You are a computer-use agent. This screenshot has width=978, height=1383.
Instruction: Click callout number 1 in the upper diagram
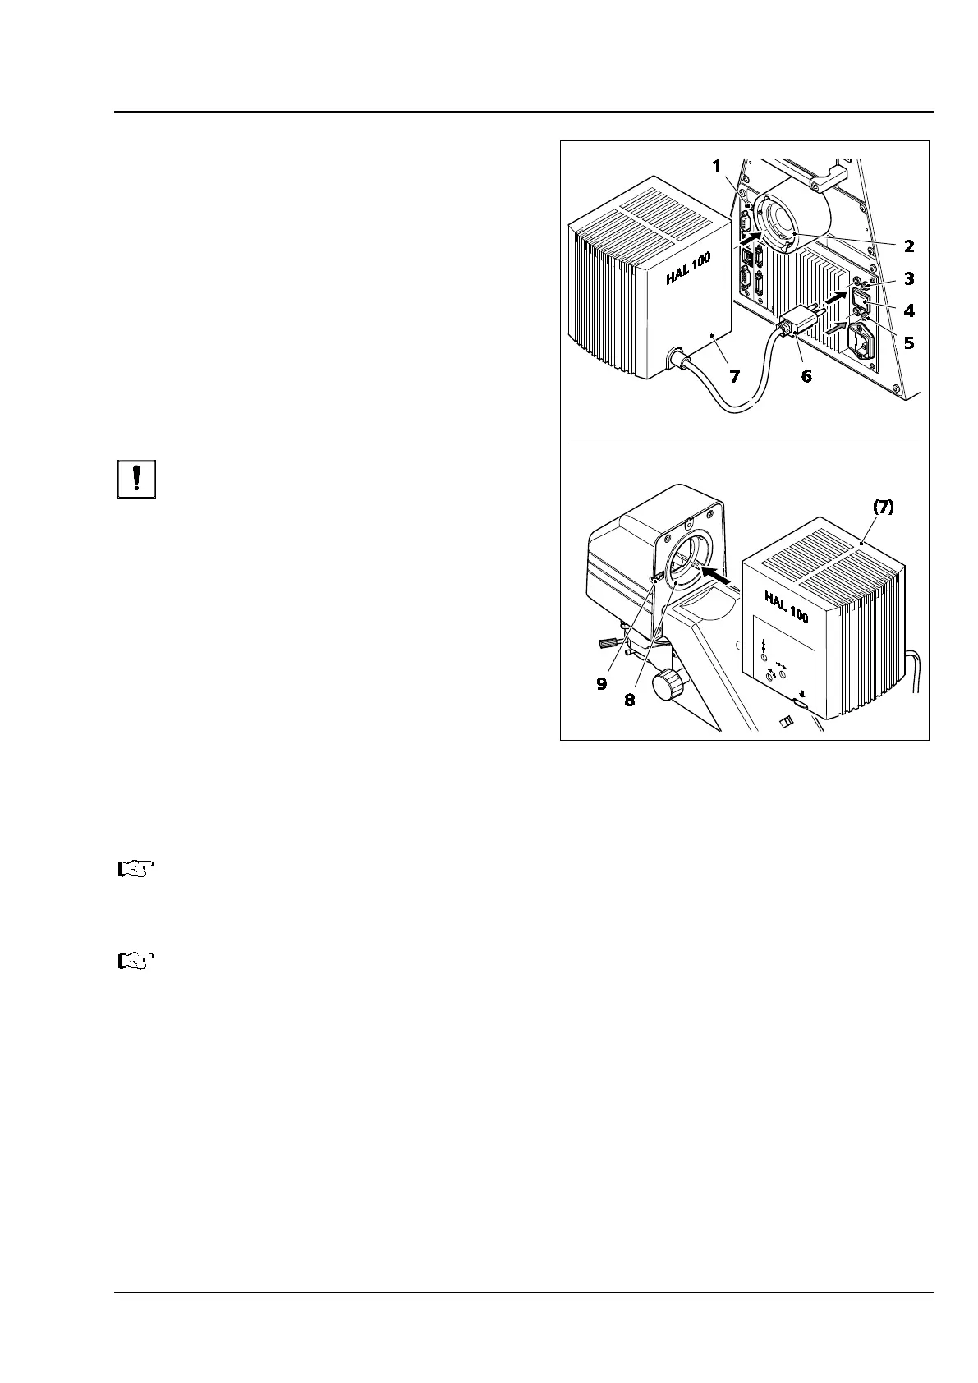[x=716, y=167]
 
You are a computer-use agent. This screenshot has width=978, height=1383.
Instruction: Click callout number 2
[x=909, y=246]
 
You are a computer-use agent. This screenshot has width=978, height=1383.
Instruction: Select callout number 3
[x=909, y=278]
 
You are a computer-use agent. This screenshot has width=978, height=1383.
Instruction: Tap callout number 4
[x=909, y=310]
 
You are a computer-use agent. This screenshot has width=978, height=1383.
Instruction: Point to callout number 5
[x=909, y=342]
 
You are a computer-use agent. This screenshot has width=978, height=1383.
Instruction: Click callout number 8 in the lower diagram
[x=629, y=701]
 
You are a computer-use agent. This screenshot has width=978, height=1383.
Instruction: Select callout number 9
[x=602, y=682]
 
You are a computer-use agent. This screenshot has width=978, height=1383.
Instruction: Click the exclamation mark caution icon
[x=136, y=479]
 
